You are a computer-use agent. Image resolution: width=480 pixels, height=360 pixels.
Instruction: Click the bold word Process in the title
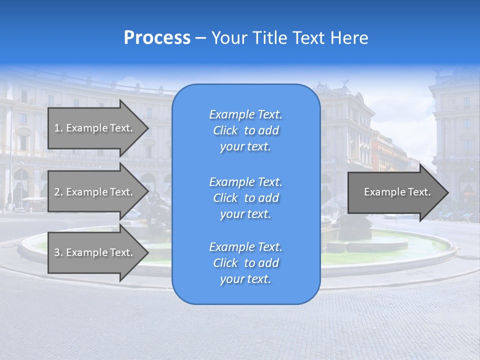[x=157, y=38]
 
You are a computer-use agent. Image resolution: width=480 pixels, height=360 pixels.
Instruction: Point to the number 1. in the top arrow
[x=58, y=128]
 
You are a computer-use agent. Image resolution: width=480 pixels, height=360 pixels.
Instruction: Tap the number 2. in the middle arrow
[x=58, y=192]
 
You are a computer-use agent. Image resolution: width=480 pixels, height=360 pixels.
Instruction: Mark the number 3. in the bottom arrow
[x=58, y=252]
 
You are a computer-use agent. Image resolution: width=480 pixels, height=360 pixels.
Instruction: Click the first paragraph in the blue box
[x=245, y=130]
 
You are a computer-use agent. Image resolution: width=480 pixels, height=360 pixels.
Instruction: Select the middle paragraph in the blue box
[x=245, y=198]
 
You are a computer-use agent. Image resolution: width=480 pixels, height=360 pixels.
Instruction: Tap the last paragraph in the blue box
[x=245, y=263]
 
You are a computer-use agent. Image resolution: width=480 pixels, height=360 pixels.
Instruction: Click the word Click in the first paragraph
[x=225, y=130]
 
